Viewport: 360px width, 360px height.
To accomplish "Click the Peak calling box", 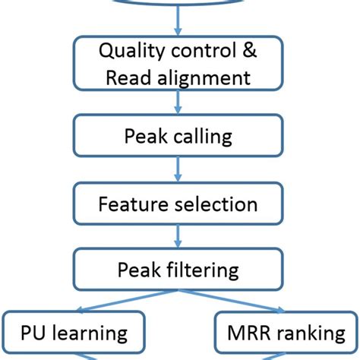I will (178, 137).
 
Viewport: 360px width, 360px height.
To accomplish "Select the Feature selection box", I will (178, 204).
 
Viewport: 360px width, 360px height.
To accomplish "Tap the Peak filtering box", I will (178, 270).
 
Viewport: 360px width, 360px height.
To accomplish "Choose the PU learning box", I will (73, 332).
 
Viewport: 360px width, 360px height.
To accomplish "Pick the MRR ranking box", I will (283, 332).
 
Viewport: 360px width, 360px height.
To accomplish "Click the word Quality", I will (131, 52).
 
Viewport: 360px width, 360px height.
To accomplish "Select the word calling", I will (203, 138).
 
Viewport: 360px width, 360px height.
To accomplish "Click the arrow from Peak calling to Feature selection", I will (178, 171).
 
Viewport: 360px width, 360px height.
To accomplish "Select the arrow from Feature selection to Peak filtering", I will (178, 237).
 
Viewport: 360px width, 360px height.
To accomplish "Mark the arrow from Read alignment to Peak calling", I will (178, 104).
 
